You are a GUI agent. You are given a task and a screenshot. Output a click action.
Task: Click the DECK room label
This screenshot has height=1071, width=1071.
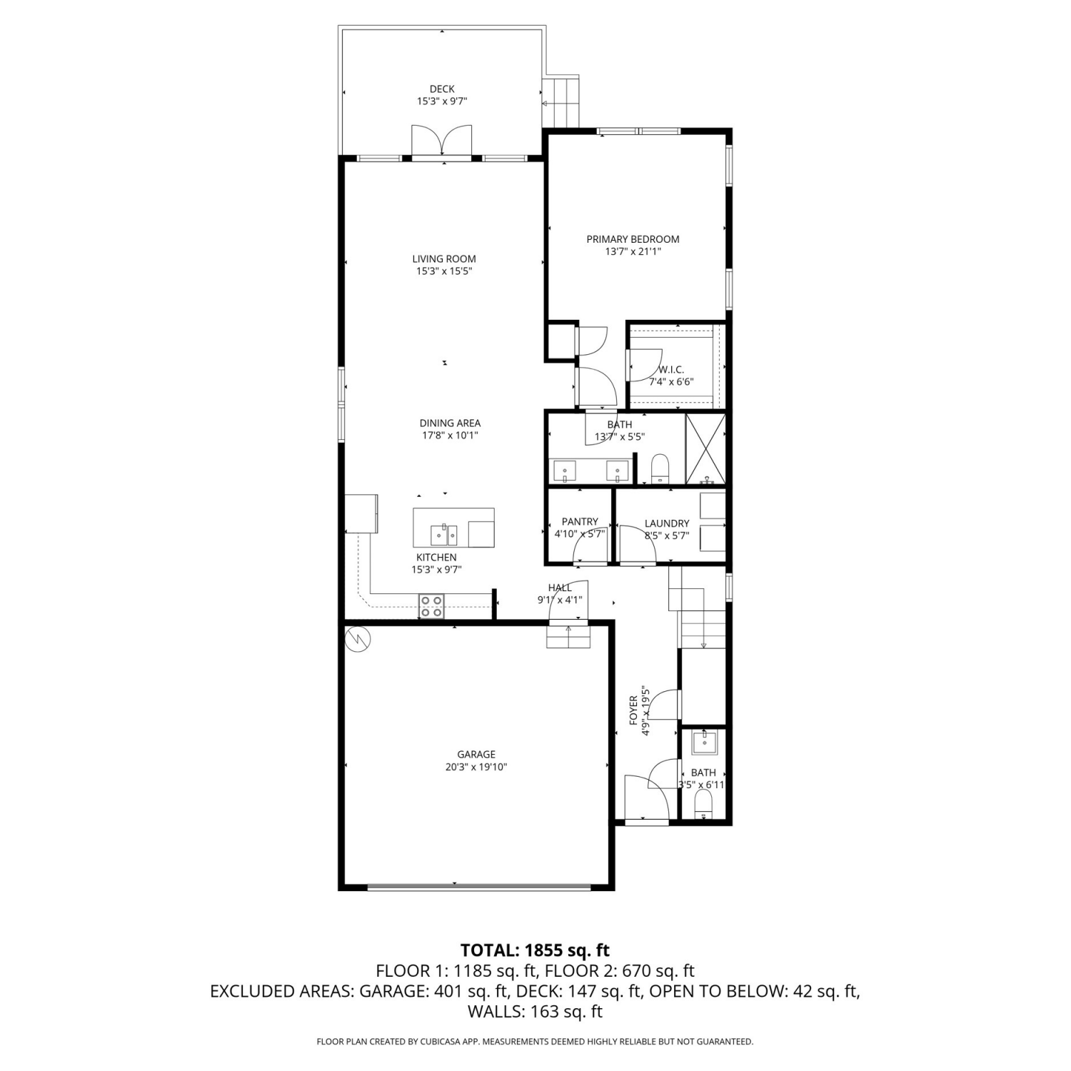tap(442, 89)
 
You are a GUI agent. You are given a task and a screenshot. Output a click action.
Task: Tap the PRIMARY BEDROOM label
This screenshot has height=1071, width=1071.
tap(633, 239)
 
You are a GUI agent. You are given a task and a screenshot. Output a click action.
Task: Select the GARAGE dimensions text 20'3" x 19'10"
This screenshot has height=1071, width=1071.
tap(476, 767)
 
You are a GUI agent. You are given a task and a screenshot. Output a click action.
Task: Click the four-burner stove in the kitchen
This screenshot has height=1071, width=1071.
tap(431, 606)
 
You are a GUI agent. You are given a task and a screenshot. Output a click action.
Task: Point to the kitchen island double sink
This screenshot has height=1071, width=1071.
tap(444, 534)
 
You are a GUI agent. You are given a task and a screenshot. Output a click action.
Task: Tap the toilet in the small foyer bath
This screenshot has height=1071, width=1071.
tap(703, 803)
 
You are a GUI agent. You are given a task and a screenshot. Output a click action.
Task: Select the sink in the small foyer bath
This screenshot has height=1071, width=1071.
tap(705, 741)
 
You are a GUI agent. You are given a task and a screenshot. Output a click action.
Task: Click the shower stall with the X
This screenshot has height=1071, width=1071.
tap(705, 449)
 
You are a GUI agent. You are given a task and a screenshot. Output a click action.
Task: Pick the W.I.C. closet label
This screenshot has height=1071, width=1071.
tap(671, 370)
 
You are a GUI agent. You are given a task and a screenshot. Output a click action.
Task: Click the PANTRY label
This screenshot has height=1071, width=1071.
tap(580, 522)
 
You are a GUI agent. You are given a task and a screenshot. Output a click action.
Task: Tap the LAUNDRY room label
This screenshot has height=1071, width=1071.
tap(667, 523)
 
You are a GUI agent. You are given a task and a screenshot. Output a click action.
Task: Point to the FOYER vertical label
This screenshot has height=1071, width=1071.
tap(633, 710)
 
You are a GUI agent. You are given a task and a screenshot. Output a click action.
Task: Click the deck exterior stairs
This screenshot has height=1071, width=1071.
tap(561, 102)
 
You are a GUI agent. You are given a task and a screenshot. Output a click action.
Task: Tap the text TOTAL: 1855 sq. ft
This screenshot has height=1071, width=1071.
tap(535, 950)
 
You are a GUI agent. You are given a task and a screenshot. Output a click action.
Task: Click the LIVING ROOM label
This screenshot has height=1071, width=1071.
tap(444, 259)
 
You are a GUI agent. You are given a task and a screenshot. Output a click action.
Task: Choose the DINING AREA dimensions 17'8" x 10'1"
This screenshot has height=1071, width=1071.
tap(449, 436)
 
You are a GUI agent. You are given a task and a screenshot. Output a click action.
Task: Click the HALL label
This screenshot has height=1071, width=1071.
tap(560, 588)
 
